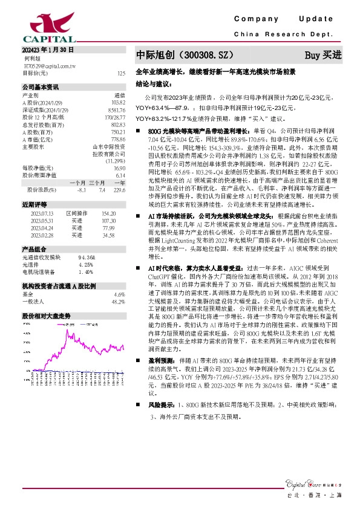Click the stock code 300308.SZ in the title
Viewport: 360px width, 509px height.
tap(203, 55)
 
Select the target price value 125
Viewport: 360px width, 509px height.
tap(121, 73)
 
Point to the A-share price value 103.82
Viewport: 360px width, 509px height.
tap(119, 102)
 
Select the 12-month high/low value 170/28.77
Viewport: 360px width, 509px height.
tap(115, 117)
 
